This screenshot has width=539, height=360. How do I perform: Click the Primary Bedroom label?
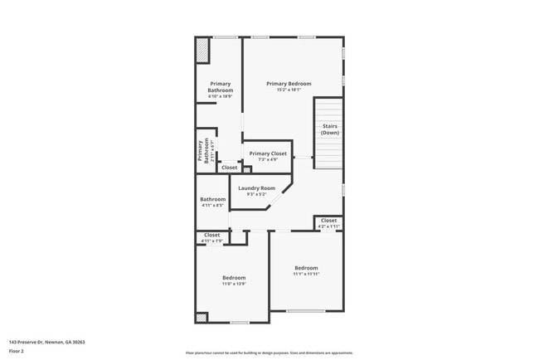[x=289, y=84]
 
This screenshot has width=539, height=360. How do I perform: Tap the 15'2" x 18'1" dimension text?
[x=289, y=90]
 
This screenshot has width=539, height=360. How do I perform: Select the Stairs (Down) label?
[x=330, y=129]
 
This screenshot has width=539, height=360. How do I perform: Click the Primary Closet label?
[x=268, y=153]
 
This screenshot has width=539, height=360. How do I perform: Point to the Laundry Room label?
[x=256, y=188]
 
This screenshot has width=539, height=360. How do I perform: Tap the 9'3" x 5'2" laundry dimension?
[x=256, y=195]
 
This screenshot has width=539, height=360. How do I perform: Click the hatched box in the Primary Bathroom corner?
[x=202, y=51]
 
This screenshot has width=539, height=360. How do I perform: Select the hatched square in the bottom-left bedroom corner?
[x=201, y=318]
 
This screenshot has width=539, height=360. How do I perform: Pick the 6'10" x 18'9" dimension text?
[x=220, y=97]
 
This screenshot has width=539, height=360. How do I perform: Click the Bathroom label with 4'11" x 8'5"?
[x=212, y=199]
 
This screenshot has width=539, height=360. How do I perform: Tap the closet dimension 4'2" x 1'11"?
[x=328, y=226]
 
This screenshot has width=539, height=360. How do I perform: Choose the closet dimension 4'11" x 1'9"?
[x=212, y=241]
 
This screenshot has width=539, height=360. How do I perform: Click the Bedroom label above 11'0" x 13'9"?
[x=234, y=277]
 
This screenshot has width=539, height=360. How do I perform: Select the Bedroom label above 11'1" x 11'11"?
[x=306, y=268]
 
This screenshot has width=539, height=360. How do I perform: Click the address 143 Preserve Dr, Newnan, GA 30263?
[x=47, y=342]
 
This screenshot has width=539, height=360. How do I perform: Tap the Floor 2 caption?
[x=17, y=351]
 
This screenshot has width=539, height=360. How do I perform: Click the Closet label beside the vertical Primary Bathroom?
[x=229, y=168]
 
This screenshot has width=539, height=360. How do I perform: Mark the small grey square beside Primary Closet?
[x=246, y=169]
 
